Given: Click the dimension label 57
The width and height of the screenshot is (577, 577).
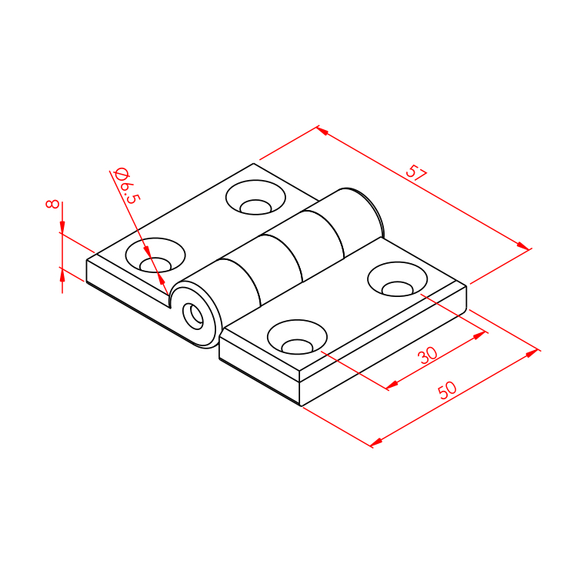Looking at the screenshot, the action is (415, 172).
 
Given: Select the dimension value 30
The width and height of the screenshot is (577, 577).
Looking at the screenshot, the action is (428, 355).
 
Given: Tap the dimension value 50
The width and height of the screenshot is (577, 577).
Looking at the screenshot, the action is (448, 390).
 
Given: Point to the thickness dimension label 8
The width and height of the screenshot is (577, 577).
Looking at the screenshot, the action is (52, 204).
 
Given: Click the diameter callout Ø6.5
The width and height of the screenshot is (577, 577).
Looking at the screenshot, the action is (127, 185).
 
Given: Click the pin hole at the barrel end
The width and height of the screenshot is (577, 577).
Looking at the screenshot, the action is (193, 316).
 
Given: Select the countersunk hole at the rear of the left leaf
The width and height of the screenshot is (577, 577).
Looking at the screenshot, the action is (255, 197).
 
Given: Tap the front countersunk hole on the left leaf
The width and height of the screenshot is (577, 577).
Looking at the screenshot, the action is (155, 255).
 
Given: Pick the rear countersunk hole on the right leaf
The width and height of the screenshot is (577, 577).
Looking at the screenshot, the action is (398, 279).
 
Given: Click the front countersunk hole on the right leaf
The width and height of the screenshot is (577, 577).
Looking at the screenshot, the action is (297, 337).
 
